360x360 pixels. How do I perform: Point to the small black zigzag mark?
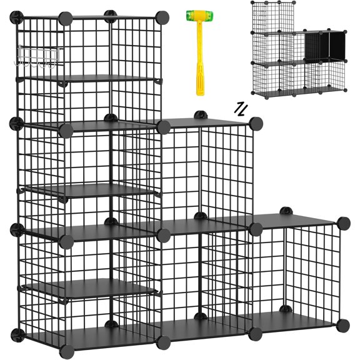click(240, 108)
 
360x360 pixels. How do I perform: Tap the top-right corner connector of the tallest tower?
click(164, 17)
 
